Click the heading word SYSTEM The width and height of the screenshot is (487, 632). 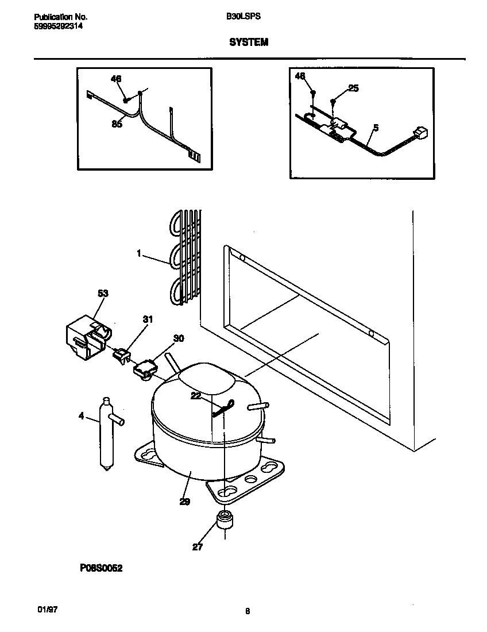249,43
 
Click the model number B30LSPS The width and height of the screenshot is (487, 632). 243,17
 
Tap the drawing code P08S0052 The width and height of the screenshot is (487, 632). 102,568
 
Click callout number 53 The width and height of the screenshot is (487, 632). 103,294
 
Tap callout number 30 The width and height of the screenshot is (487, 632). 179,338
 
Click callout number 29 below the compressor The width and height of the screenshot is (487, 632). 184,502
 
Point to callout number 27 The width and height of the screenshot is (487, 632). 198,547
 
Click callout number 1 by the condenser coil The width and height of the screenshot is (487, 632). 140,252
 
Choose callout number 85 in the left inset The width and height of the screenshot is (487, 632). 117,124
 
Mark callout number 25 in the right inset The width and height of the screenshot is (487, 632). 353,88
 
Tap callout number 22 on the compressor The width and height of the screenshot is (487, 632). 196,396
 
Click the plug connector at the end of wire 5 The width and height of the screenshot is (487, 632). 422,134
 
